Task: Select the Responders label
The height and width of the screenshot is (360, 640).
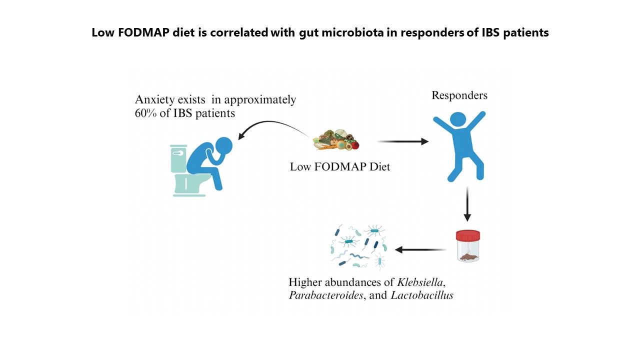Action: (x=459, y=95)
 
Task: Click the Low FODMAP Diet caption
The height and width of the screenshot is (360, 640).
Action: (x=340, y=167)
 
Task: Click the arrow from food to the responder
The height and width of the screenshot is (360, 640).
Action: (x=402, y=142)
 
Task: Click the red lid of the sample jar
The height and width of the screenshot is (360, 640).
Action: (x=468, y=235)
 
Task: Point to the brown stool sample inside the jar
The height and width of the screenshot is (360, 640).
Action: (x=468, y=257)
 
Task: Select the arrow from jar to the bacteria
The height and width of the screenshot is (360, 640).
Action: (x=420, y=248)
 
